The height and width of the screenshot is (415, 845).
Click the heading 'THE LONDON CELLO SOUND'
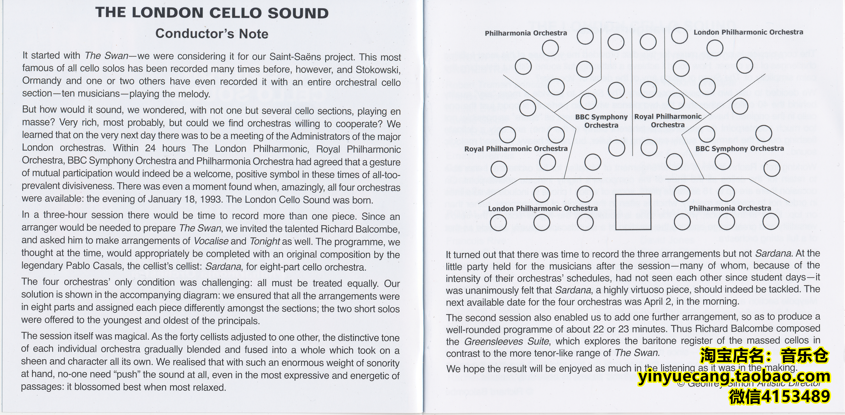212,13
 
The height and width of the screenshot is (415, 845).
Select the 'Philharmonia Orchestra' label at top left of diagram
526,33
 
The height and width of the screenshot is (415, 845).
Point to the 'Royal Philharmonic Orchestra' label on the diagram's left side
516,149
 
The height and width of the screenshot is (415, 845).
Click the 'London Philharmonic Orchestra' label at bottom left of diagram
543,208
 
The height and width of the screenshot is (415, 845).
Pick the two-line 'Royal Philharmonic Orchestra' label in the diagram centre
668,121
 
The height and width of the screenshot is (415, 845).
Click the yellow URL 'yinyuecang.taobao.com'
734,377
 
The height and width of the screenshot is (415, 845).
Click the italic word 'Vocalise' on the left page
211,241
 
